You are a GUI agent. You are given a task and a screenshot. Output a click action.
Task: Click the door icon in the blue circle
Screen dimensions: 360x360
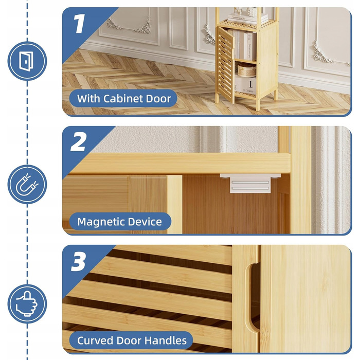[26, 61]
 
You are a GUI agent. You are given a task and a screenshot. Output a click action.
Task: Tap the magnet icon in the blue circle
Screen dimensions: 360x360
[27, 184]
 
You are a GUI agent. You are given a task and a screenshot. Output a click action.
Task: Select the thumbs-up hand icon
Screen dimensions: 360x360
[27, 304]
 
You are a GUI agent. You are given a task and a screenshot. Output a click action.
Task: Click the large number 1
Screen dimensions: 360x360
[79, 24]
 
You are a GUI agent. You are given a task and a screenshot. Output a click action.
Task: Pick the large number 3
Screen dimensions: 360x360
[79, 261]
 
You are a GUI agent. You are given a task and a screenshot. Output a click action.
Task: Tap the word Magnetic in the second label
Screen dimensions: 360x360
[101, 222]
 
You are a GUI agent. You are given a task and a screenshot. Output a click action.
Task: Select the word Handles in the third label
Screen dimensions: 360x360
[165, 340]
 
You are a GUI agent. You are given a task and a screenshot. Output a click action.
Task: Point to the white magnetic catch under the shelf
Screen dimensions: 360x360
[250, 183]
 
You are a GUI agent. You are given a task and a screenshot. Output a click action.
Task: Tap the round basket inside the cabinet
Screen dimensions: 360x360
[246, 70]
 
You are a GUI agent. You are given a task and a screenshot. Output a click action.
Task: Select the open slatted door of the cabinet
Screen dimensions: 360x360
[225, 64]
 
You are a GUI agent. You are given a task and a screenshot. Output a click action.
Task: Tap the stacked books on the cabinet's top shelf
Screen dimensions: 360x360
[247, 19]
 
